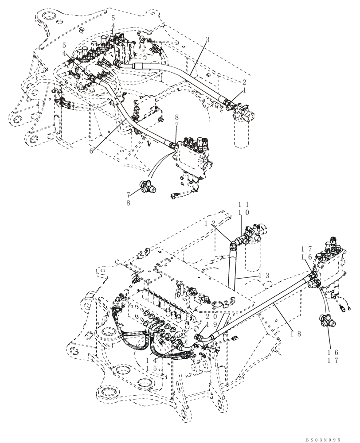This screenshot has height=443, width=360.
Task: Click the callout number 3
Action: [207, 40]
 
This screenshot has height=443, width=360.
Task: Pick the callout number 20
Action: [211, 316]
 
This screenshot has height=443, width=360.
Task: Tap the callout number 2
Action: [243, 82]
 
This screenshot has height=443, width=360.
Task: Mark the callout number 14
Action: [153, 361]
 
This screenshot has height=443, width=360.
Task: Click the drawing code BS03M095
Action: [323, 440]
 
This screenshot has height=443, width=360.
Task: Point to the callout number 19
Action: [211, 324]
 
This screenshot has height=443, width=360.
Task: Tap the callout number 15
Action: [153, 369]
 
